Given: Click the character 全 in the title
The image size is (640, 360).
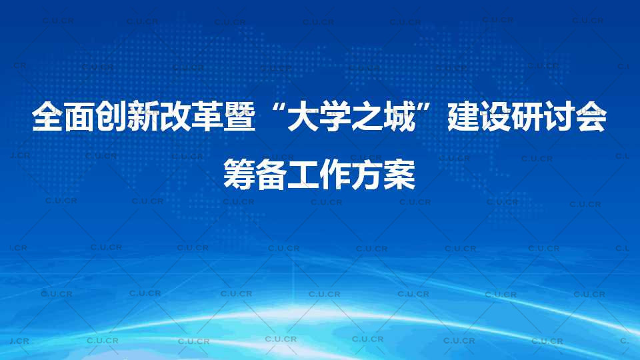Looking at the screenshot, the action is pyautogui.click(x=48, y=117).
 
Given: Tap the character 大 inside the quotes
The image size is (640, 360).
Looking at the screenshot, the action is pyautogui.click(x=303, y=117).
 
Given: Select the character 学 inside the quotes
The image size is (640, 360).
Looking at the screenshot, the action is pyautogui.click(x=335, y=117).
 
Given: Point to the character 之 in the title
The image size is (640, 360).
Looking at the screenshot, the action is pyautogui.click(x=367, y=117).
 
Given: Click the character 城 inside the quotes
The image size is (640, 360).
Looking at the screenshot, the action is pyautogui.click(x=399, y=117).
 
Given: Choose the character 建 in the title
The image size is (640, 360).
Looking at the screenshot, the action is pyautogui.click(x=463, y=117).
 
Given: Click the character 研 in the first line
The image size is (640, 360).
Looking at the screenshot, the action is pyautogui.click(x=527, y=117).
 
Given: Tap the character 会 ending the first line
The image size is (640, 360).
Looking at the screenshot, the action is pyautogui.click(x=591, y=117).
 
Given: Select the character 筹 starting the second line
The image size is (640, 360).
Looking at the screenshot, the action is pyautogui.click(x=239, y=174).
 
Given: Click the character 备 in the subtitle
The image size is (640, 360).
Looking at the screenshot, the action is pyautogui.click(x=271, y=174).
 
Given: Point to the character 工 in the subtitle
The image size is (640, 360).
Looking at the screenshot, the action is pyautogui.click(x=303, y=174).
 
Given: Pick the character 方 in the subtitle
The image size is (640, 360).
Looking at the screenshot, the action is pyautogui.click(x=367, y=174).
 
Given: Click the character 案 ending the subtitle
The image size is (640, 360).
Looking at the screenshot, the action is pyautogui.click(x=399, y=174).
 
